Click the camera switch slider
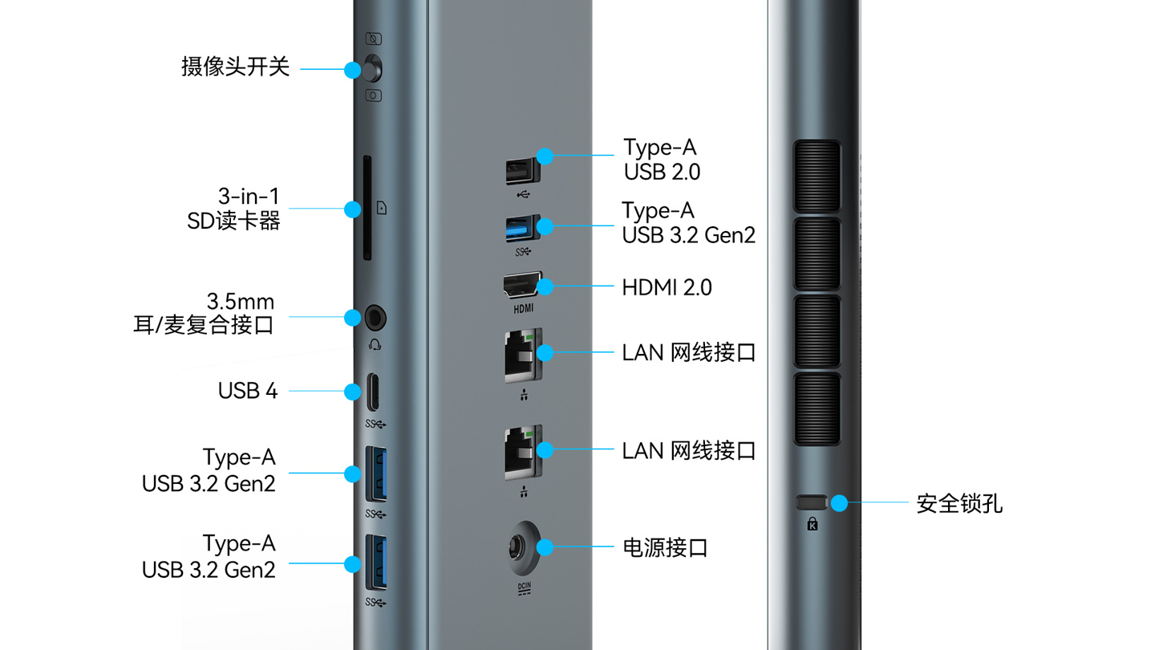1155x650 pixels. tap(371, 69)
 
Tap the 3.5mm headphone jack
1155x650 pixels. tap(375, 318)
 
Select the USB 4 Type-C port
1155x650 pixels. tap(375, 392)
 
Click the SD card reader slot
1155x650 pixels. tap(367, 209)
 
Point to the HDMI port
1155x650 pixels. tap(521, 286)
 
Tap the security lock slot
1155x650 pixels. tap(811, 502)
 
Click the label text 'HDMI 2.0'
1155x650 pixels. tap(667, 287)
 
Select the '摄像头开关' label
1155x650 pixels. tap(235, 67)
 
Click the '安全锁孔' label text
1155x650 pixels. tap(959, 504)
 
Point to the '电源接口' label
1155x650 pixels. tap(665, 548)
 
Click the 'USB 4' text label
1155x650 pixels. tap(248, 391)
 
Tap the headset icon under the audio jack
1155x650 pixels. tap(375, 344)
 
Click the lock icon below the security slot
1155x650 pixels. tap(813, 524)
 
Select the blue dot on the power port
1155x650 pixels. tap(545, 548)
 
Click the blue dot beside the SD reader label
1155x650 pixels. tap(352, 209)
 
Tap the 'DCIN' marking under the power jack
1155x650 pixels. tap(524, 587)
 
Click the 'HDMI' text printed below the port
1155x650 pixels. tap(523, 308)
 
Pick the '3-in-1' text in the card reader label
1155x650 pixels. tap(248, 196)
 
